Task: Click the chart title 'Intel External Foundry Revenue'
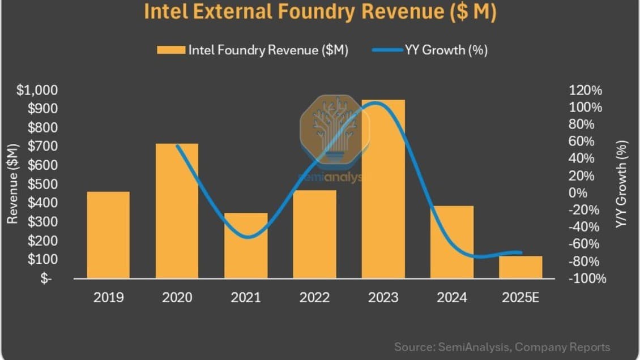pos(320,12)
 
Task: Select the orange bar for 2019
pos(108,235)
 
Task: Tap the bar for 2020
pos(177,211)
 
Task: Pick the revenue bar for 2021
pos(246,246)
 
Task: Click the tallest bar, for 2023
pos(383,189)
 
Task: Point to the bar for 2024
pos(452,242)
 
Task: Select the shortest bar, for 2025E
pos(520,267)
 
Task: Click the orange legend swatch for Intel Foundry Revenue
pos(170,50)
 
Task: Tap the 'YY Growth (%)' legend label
pos(446,50)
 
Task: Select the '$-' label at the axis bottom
pos(46,278)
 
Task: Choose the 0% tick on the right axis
pos(578,193)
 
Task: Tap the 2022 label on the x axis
pos(314,297)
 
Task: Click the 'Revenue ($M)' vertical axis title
pos(12,184)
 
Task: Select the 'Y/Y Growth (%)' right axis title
pos(622,185)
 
